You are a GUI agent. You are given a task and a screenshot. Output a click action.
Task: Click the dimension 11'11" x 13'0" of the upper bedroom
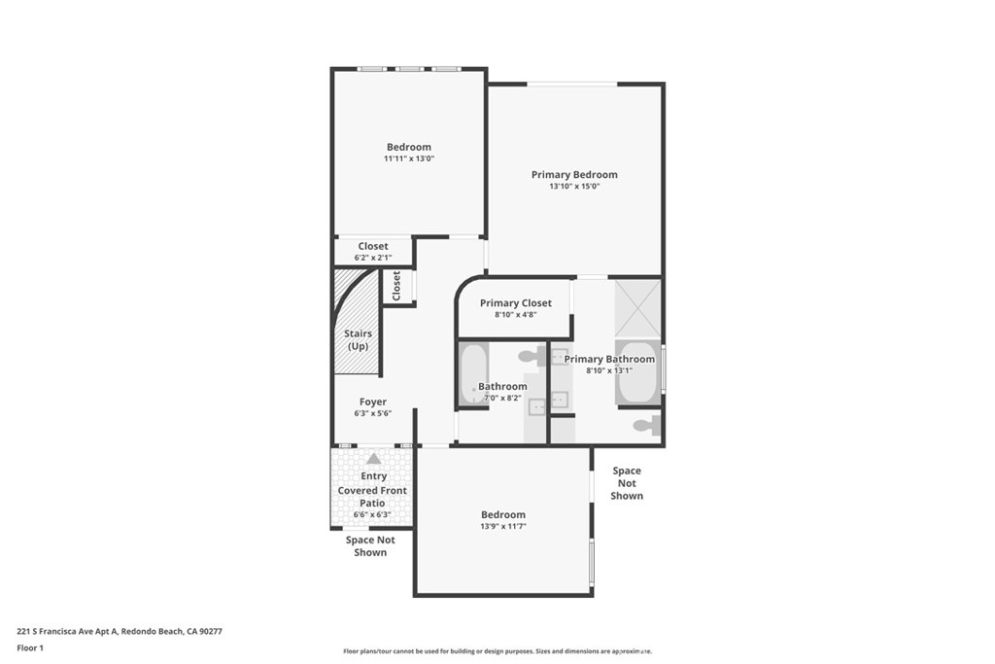pyautogui.click(x=408, y=158)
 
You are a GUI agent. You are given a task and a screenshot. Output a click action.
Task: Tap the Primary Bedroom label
pyautogui.click(x=573, y=175)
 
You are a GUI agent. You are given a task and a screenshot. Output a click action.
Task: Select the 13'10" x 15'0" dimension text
pyautogui.click(x=573, y=186)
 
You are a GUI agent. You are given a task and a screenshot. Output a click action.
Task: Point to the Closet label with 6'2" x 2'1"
pyautogui.click(x=373, y=247)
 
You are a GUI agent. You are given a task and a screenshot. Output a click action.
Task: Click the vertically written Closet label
pyautogui.click(x=396, y=286)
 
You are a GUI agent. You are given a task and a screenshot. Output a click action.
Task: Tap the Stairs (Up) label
pyautogui.click(x=359, y=339)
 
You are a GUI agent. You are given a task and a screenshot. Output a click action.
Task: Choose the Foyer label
pyautogui.click(x=373, y=402)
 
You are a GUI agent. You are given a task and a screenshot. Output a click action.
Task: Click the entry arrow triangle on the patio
pyautogui.click(x=373, y=459)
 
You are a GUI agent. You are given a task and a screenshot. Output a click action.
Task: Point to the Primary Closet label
pyautogui.click(x=515, y=303)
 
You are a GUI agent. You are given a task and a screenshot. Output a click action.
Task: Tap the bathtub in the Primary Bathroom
pyautogui.click(x=637, y=372)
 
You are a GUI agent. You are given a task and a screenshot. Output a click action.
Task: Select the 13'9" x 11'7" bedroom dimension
pyautogui.click(x=503, y=526)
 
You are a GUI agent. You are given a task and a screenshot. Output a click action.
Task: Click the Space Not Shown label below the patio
pyautogui.click(x=370, y=546)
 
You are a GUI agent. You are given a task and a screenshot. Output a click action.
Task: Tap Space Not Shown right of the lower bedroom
pyautogui.click(x=627, y=483)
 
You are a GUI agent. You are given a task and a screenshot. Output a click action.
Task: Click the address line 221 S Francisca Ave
pyautogui.click(x=120, y=631)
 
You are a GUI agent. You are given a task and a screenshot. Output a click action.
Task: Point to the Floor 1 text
pyautogui.click(x=30, y=647)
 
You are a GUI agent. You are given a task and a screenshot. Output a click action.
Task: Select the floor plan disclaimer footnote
pyautogui.click(x=497, y=651)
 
